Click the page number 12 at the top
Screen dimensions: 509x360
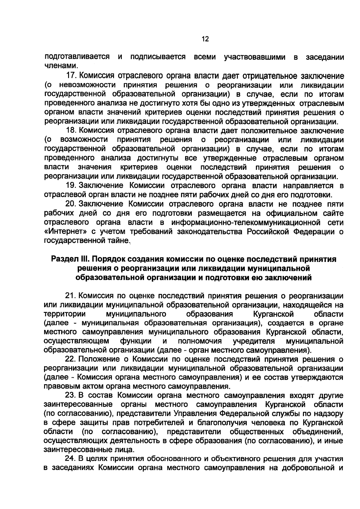click(x=205, y=39)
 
